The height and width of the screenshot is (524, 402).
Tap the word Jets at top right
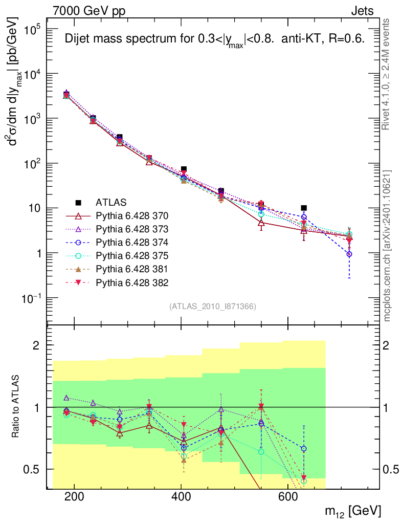pos(362,12)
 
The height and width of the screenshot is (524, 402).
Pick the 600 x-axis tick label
pos(287,496)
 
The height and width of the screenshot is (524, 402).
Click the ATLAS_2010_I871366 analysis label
pos(212,307)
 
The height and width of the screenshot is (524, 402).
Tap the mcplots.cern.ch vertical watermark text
pos(387,246)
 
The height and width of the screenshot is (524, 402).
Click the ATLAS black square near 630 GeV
pos(304,208)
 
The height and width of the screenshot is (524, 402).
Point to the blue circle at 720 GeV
pos(349,254)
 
